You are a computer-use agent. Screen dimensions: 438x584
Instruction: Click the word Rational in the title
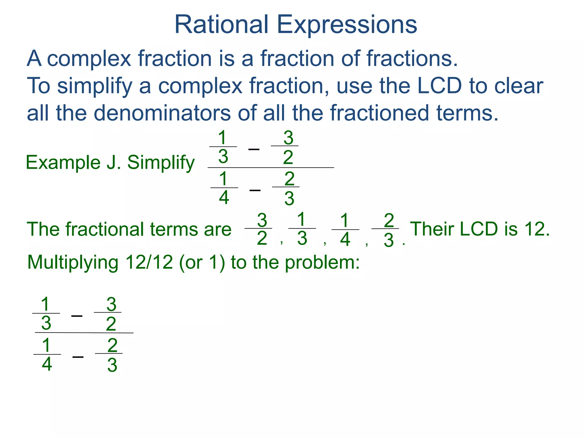[221, 25]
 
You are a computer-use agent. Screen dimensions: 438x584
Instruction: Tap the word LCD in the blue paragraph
[439, 86]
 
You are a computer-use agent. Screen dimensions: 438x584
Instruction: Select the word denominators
[162, 113]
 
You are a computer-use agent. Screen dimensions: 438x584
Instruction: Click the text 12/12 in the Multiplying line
[149, 262]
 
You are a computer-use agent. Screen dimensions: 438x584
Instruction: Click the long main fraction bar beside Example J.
[271, 168]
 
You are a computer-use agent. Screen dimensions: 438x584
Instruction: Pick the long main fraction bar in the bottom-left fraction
[84, 332]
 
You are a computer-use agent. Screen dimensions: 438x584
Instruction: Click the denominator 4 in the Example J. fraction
[224, 197]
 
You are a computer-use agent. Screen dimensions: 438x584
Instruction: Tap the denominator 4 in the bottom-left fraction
[47, 364]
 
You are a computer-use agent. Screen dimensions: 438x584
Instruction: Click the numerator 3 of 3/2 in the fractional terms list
[262, 220]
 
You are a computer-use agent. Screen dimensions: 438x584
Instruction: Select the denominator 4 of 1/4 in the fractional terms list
[345, 239]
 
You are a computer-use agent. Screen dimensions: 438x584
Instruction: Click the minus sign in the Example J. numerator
[254, 149]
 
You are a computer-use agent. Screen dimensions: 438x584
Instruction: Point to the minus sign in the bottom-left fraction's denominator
[78, 357]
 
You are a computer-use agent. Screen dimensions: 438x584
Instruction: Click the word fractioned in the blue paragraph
[379, 113]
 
